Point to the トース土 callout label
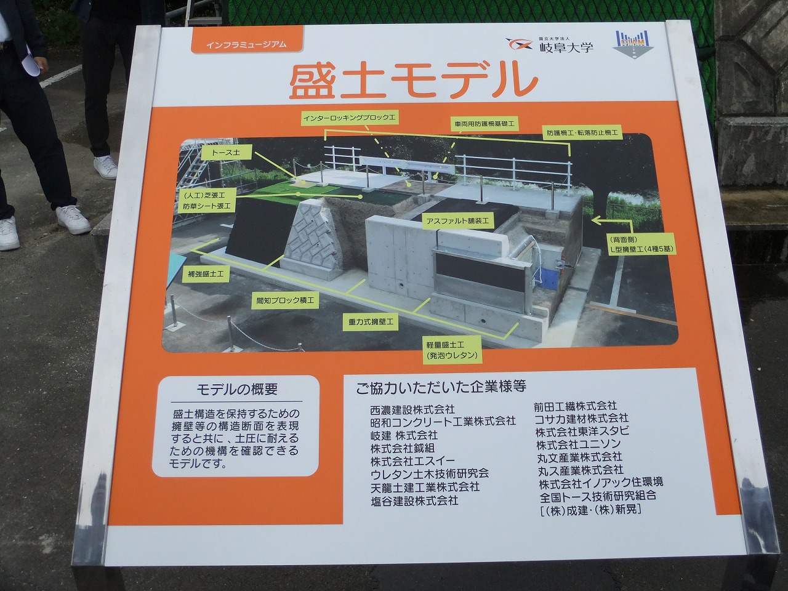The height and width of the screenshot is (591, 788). click(226, 153)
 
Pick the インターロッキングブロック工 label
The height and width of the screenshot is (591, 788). click(350, 118)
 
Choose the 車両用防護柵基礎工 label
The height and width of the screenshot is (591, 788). click(484, 124)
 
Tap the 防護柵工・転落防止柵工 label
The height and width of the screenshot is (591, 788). click(582, 132)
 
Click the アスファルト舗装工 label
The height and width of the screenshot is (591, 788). click(458, 221)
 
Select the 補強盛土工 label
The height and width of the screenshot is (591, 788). click(206, 274)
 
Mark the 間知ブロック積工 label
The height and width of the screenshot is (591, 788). click(284, 300)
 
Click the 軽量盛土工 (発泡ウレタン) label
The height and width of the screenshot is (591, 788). click(452, 350)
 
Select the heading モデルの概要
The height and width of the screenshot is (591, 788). click(237, 389)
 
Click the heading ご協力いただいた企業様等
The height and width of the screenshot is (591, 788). click(441, 387)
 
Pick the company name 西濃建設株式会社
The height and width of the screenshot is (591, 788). click(412, 409)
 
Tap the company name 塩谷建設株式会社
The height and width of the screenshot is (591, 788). click(415, 501)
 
